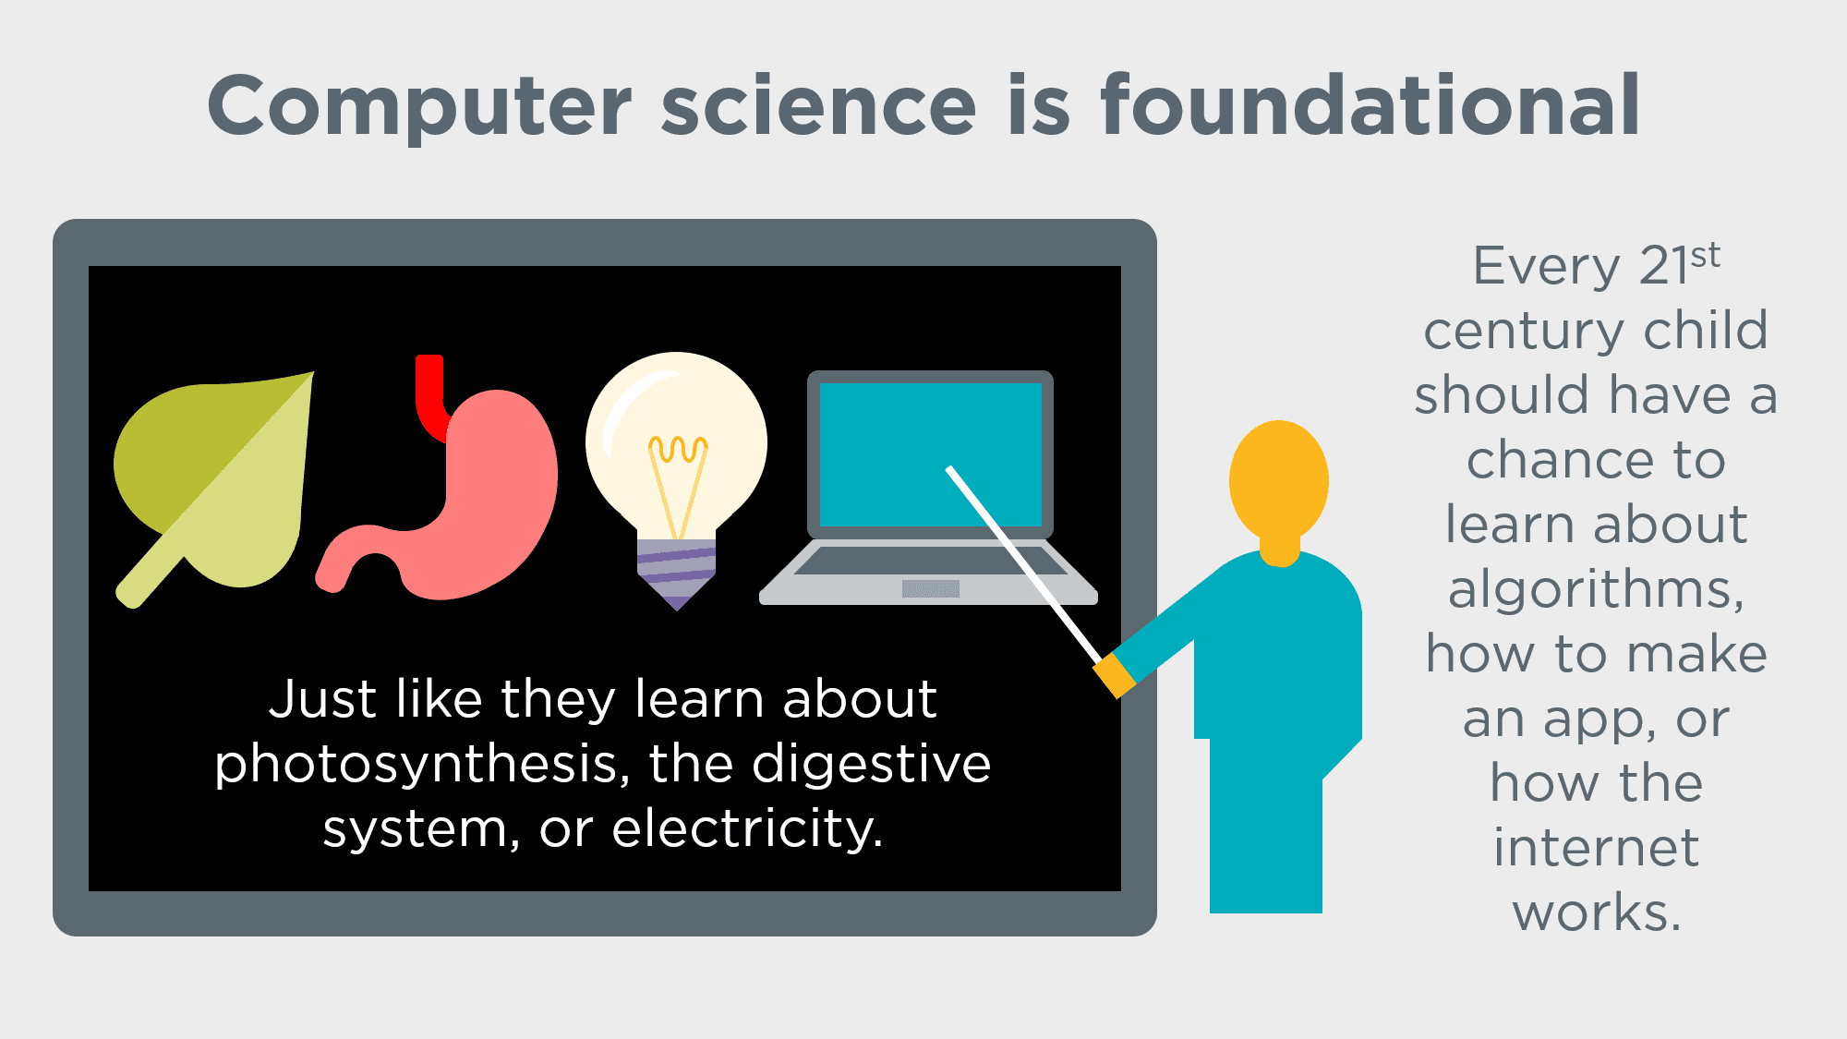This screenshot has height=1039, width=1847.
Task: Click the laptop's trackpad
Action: pyautogui.click(x=930, y=588)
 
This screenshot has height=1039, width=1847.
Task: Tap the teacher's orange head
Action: pyautogui.click(x=1279, y=480)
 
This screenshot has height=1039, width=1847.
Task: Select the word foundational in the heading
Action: pyautogui.click(x=1370, y=106)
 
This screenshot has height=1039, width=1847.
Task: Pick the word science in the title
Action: pyautogui.click(x=818, y=106)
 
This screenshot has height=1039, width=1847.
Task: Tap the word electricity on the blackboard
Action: pyautogui.click(x=748, y=829)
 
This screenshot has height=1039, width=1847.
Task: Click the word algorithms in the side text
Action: pyautogui.click(x=1596, y=589)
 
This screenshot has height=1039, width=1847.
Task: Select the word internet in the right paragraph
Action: pyautogui.click(x=1596, y=848)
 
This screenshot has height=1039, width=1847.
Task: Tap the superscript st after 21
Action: pyautogui.click(x=1706, y=255)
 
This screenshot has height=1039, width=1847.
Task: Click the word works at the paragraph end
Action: pyautogui.click(x=1596, y=912)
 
